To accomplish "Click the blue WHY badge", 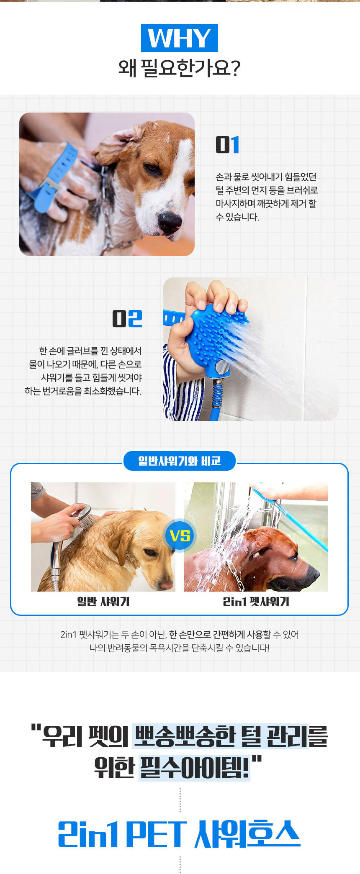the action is (x=180, y=38).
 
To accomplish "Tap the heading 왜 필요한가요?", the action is (x=180, y=68).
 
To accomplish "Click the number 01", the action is (x=227, y=145).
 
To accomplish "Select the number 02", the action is (x=127, y=318).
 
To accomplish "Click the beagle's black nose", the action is (x=170, y=221).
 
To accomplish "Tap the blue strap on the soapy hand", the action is (x=52, y=176).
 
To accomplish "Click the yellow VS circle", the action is (x=180, y=536).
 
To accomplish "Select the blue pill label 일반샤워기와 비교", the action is (x=180, y=461).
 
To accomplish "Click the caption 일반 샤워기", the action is (x=103, y=602).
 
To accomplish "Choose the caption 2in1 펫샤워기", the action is (x=256, y=602).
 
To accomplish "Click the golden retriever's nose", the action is (x=166, y=583).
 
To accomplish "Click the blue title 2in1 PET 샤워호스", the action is (x=179, y=834).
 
